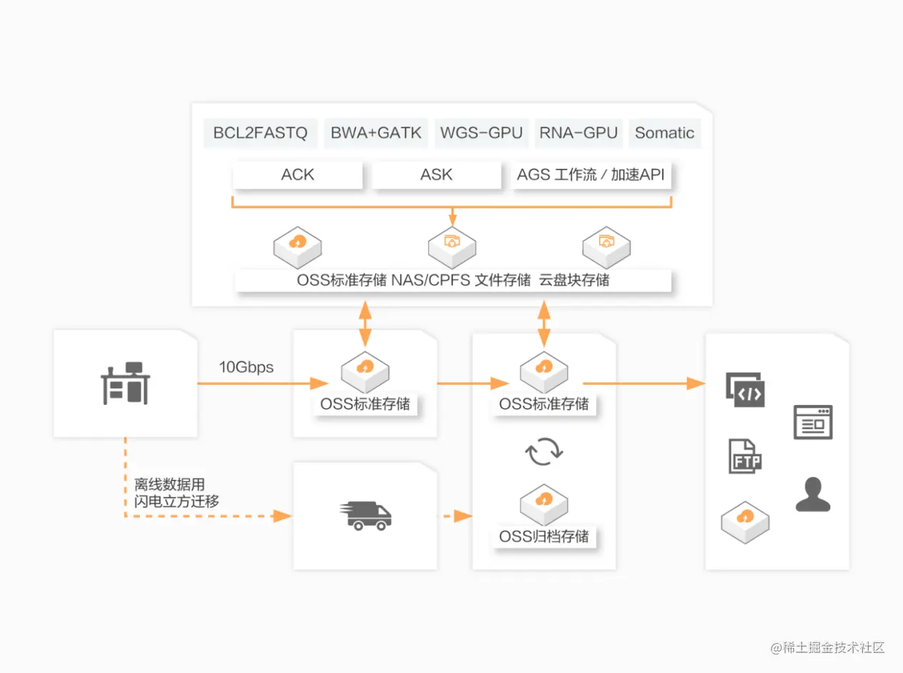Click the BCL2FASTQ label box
(x=260, y=133)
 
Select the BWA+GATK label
(x=376, y=133)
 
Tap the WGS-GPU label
(x=481, y=133)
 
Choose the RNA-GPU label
(x=578, y=133)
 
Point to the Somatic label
(x=664, y=133)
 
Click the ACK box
(x=297, y=175)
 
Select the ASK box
(x=437, y=175)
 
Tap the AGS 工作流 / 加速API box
(x=591, y=175)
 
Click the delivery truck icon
(x=365, y=515)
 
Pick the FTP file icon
(x=745, y=456)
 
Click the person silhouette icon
(x=813, y=494)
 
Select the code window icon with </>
(x=745, y=390)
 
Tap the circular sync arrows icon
(x=544, y=451)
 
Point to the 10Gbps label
(x=246, y=367)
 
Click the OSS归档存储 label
(x=544, y=537)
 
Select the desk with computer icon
(x=126, y=383)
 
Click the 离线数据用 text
(x=170, y=484)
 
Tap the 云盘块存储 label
(x=574, y=280)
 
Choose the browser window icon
(x=813, y=422)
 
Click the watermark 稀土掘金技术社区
(x=834, y=647)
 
